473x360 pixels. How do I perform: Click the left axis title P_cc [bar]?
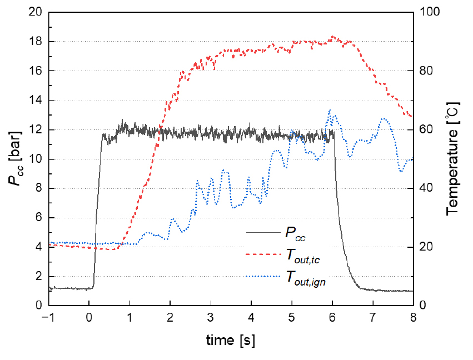(16, 158)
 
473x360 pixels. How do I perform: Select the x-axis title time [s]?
(231, 339)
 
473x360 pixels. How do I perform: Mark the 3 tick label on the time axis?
(211, 318)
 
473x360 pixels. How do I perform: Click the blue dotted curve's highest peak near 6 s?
(330, 110)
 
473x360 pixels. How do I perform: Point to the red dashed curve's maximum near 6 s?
(332, 37)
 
